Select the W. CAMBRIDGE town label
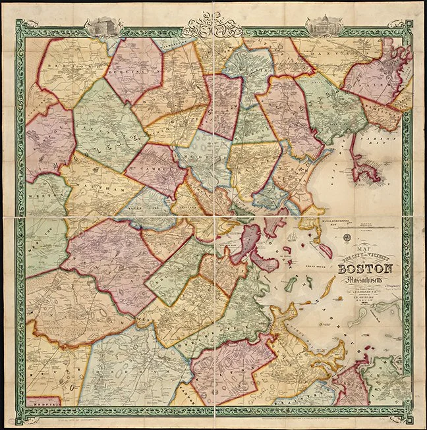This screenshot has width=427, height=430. point(156,165)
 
